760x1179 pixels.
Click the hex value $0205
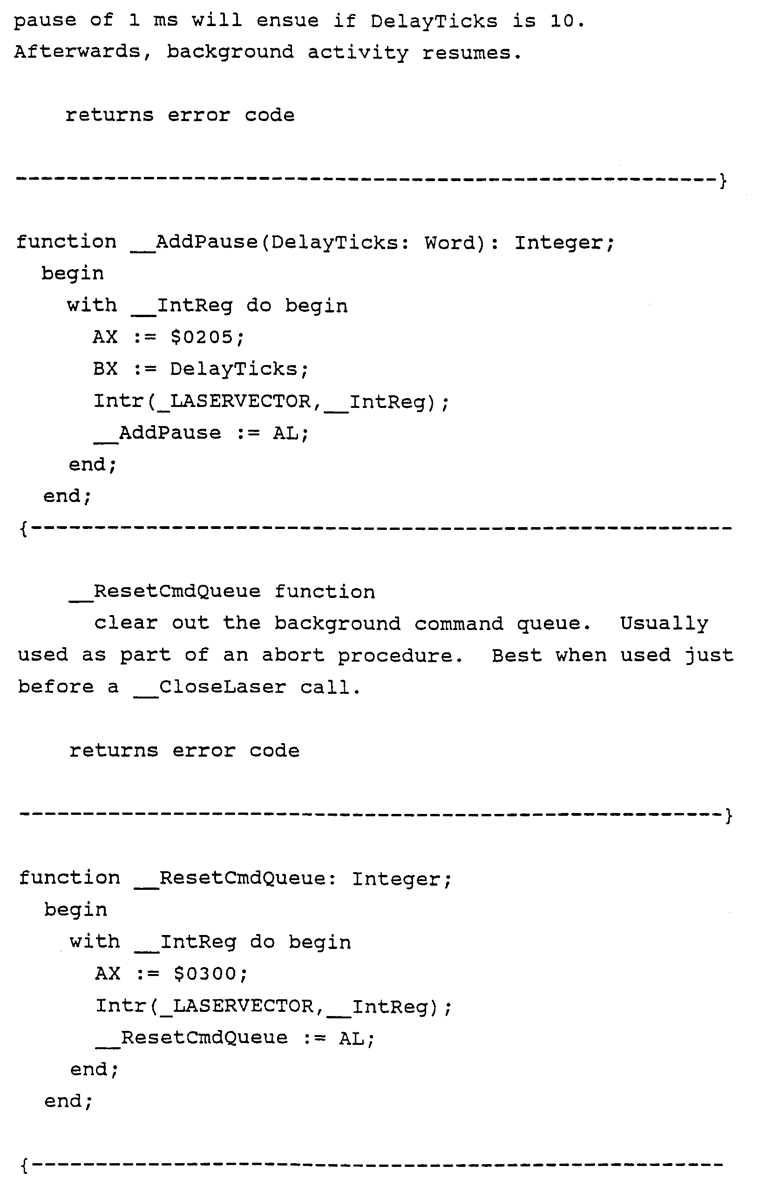(x=207, y=338)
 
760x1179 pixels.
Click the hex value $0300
(x=210, y=973)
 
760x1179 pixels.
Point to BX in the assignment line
(x=106, y=369)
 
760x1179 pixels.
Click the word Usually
(x=664, y=624)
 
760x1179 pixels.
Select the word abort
(x=293, y=656)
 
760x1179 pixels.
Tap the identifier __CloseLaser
(x=210, y=687)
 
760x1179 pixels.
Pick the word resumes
(x=471, y=52)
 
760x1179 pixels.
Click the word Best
(x=517, y=656)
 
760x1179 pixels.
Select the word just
(x=709, y=656)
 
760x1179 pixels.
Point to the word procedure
(x=400, y=656)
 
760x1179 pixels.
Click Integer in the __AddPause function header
(x=564, y=242)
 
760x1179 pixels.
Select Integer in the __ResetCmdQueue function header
(x=401, y=879)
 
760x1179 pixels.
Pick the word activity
(x=358, y=52)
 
